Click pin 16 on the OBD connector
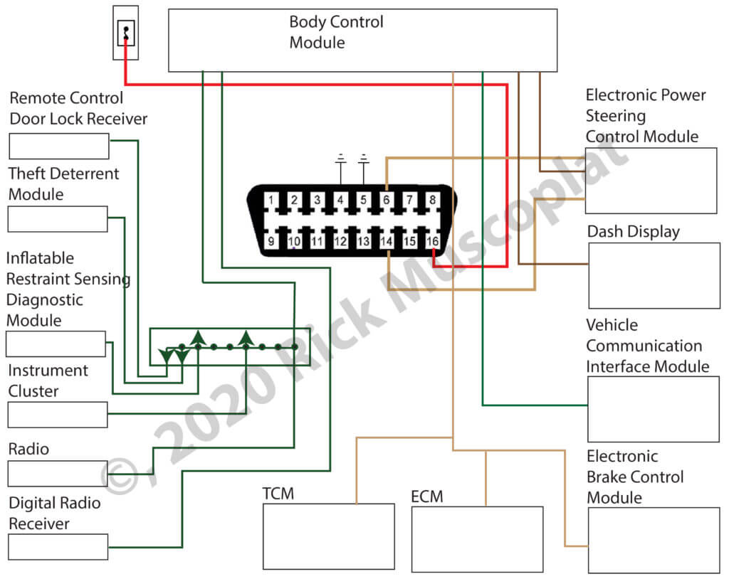click(x=432, y=242)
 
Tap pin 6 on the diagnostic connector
click(x=386, y=201)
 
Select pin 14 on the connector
click(x=387, y=242)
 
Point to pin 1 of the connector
click(x=271, y=201)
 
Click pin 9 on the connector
click(x=271, y=242)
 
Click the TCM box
click(x=328, y=536)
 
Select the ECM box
click(x=477, y=539)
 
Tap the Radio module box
click(x=58, y=473)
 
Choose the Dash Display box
click(x=654, y=275)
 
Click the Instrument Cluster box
click(x=58, y=415)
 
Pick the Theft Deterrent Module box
click(x=58, y=219)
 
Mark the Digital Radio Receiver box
click(x=58, y=546)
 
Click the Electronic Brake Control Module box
click(x=653, y=540)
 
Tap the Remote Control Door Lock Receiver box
click(x=58, y=146)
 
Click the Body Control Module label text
click(x=336, y=32)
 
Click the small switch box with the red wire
click(x=126, y=33)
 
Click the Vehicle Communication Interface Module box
click(x=653, y=409)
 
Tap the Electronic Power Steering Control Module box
click(x=651, y=181)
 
